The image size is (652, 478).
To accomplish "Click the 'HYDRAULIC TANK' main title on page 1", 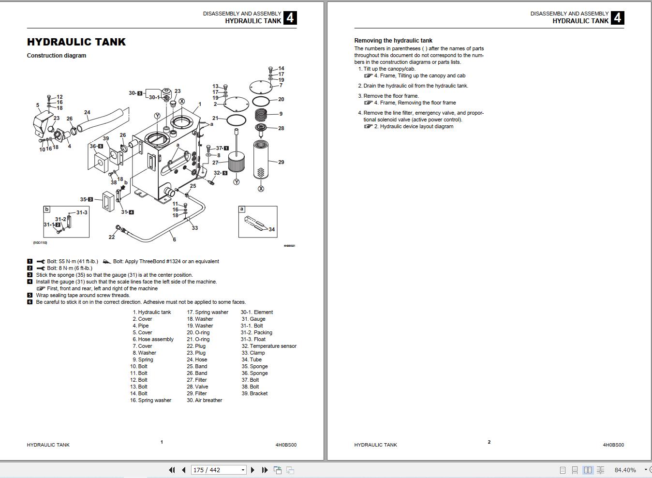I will point(76,42).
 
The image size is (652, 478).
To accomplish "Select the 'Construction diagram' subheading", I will point(57,56).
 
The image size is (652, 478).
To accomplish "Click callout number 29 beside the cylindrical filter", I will point(281,162).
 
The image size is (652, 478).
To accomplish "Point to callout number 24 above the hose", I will point(87,112).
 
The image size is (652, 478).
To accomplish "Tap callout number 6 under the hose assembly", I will point(174,239).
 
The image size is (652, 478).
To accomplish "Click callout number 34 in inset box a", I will point(272,229).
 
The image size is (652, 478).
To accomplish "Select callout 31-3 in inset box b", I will point(82,212).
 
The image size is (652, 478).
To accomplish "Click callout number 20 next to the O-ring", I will point(281,99).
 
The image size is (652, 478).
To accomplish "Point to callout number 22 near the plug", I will point(112,237).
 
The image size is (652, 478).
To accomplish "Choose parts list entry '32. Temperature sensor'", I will point(269,346).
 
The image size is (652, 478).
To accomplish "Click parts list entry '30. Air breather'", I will point(205,400).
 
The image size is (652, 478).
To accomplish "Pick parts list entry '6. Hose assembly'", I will point(153,339).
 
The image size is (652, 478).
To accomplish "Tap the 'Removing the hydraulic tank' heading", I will point(393,41).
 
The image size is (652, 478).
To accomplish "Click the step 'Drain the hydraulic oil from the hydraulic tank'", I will point(415,86).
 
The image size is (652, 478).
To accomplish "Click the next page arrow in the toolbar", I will point(253,470).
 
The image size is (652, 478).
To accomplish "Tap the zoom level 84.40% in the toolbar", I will point(625,470).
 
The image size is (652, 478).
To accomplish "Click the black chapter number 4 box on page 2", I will point(617,18).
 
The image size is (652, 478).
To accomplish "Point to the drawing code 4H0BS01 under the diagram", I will point(289,246).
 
